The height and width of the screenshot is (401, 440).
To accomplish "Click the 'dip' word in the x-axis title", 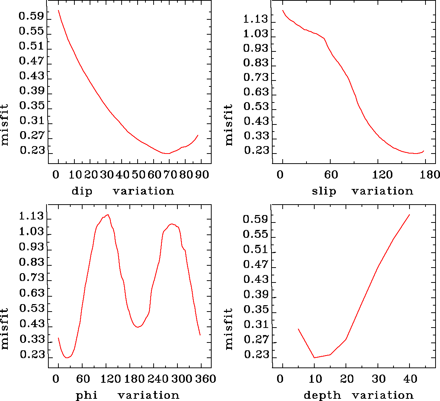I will pyautogui.click(x=82, y=192).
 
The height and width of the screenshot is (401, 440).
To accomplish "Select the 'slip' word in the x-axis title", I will pyautogui.click(x=324, y=192).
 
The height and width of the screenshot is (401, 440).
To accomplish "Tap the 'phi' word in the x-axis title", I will pyautogui.click(x=87, y=395).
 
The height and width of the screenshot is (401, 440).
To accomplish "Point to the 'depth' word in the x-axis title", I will pyautogui.click(x=322, y=395).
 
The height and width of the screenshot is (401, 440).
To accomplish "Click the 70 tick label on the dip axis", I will pyautogui.click(x=169, y=175).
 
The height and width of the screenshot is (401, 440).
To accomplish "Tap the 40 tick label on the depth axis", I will pyautogui.click(x=411, y=379).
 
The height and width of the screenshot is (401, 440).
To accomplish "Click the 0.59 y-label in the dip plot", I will pyautogui.click(x=31, y=17).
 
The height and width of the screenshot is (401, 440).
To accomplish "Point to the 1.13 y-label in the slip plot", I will pyautogui.click(x=256, y=19).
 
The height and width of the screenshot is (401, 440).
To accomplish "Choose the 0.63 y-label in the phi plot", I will pyautogui.click(x=32, y=293).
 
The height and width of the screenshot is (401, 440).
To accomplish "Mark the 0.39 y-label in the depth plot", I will pyautogui.click(x=256, y=294).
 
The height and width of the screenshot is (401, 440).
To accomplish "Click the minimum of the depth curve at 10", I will pyautogui.click(x=314, y=358).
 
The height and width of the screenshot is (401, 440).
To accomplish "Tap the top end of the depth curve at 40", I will pyautogui.click(x=410, y=215).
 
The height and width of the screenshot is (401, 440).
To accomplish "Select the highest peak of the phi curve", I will pyautogui.click(x=107, y=215).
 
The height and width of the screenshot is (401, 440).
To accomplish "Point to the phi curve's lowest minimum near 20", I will pyautogui.click(x=67, y=358).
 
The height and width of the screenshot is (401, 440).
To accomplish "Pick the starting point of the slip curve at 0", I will pyautogui.click(x=283, y=10).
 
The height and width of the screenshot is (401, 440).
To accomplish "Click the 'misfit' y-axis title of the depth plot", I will pyautogui.click(x=229, y=329).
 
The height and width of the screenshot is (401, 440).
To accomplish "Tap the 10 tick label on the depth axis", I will pyautogui.click(x=315, y=379).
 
